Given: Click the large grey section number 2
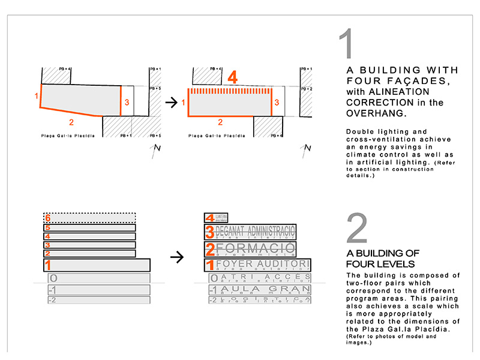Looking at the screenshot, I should (x=357, y=228).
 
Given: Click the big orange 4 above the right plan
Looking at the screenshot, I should (x=233, y=77).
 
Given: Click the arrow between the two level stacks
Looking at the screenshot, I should (x=176, y=257).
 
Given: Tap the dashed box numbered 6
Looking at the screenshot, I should (x=89, y=218).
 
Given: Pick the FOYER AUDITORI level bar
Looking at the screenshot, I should (x=257, y=265).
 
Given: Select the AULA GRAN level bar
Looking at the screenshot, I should (x=259, y=290).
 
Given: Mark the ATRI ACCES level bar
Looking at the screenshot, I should (x=260, y=278).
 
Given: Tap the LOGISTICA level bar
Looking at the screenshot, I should (x=260, y=299).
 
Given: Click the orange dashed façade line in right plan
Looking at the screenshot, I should (x=229, y=91).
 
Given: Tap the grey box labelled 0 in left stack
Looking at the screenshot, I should (x=98, y=278).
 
